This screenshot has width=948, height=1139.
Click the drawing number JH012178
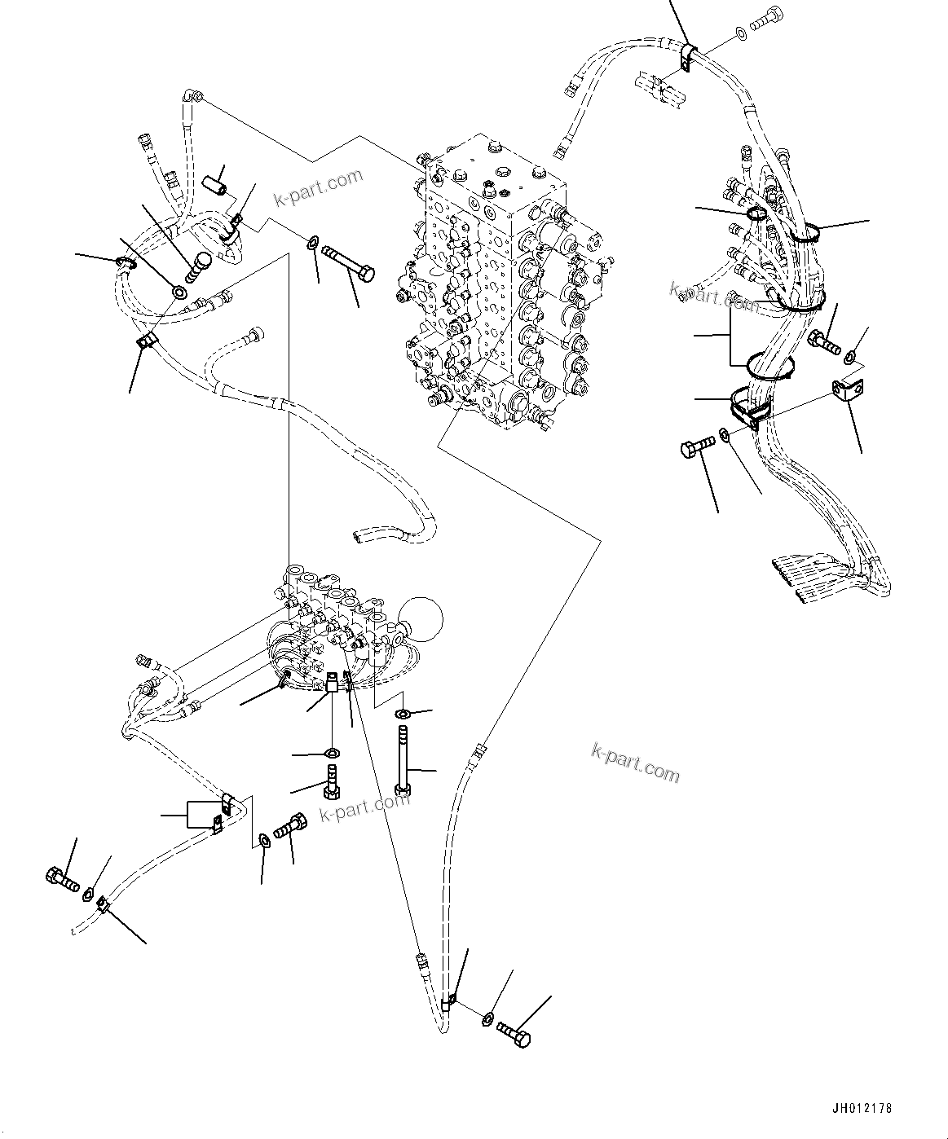(863, 1109)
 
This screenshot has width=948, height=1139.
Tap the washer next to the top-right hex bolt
(739, 33)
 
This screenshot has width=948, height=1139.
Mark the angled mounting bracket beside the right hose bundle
(849, 392)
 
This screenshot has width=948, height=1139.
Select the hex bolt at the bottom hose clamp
(515, 1033)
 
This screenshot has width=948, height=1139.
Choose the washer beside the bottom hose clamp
(487, 1018)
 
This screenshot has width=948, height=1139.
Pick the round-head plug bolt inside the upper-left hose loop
(199, 265)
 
